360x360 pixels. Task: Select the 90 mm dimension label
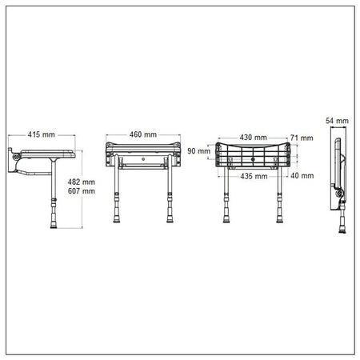tap(198, 150)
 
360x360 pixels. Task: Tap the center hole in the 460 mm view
tap(142, 159)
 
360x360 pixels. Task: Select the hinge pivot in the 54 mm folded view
tap(339, 194)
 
